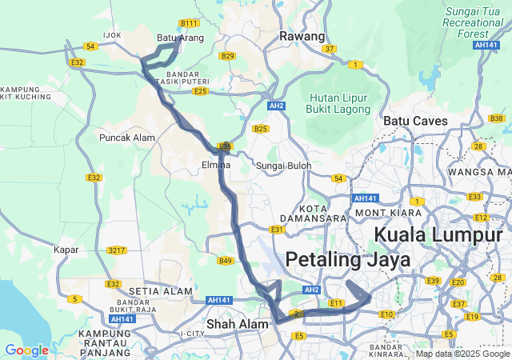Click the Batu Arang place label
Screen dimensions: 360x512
(176, 37)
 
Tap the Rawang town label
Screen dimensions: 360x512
(302, 36)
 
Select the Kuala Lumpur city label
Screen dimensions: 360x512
(442, 234)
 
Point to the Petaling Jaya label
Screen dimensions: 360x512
(347, 259)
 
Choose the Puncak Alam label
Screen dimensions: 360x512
(126, 138)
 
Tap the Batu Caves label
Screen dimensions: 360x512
(415, 120)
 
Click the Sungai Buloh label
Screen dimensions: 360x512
(283, 166)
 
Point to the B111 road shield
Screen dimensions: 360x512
(190, 23)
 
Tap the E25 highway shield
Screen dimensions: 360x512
(201, 91)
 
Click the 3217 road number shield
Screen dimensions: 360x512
(117, 250)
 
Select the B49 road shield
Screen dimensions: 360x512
(226, 261)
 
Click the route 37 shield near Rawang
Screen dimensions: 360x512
(330, 49)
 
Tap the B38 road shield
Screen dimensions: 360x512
(497, 118)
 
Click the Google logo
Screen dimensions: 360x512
(26, 350)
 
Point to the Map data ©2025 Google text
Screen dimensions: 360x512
(462, 354)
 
